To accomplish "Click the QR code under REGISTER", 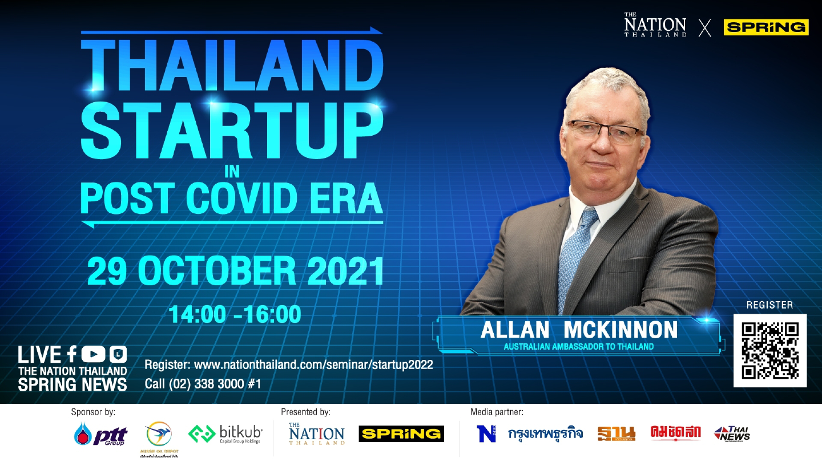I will tap(769, 351).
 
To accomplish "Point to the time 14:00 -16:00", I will tap(235, 314).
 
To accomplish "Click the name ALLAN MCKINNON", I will tap(579, 330).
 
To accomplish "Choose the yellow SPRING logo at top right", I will tap(765, 27).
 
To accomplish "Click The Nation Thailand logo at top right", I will tap(655, 27).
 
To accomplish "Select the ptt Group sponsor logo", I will tap(101, 435).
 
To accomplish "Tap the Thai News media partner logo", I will tap(732, 434).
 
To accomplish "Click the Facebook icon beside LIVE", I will tap(71, 355).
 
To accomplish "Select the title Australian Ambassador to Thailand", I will tap(579, 346).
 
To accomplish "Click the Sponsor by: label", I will tap(94, 411).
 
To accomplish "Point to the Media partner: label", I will tap(497, 411).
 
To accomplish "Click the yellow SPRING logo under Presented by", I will tap(401, 434).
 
